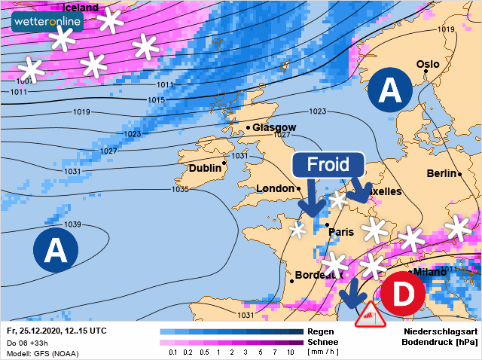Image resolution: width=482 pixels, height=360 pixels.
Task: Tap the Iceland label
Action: (80, 8)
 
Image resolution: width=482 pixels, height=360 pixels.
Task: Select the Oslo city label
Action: (427, 64)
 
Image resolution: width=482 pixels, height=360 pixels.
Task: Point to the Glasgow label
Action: (274, 127)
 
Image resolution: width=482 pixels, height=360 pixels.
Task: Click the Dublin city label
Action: (204, 168)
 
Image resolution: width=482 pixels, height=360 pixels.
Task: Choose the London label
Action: (275, 188)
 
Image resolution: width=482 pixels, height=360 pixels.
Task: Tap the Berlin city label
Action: (442, 173)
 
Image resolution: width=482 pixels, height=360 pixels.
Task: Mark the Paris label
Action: (342, 232)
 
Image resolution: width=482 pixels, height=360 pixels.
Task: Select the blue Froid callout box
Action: (328, 166)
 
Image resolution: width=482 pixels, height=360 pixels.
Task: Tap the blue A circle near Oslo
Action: (389, 90)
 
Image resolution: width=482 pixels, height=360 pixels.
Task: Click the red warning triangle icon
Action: (367, 315)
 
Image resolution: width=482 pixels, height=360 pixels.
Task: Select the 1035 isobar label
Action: (180, 189)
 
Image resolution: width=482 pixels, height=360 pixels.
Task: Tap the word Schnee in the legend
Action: (322, 342)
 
